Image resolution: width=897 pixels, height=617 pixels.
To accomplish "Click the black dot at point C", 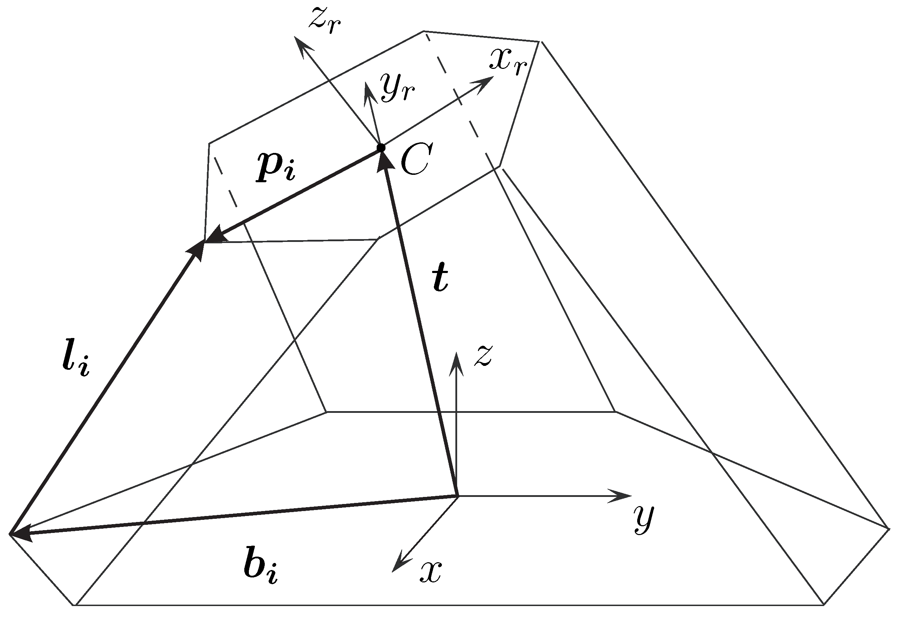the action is click(x=381, y=148).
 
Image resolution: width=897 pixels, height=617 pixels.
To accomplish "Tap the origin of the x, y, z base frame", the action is click(x=458, y=496).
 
